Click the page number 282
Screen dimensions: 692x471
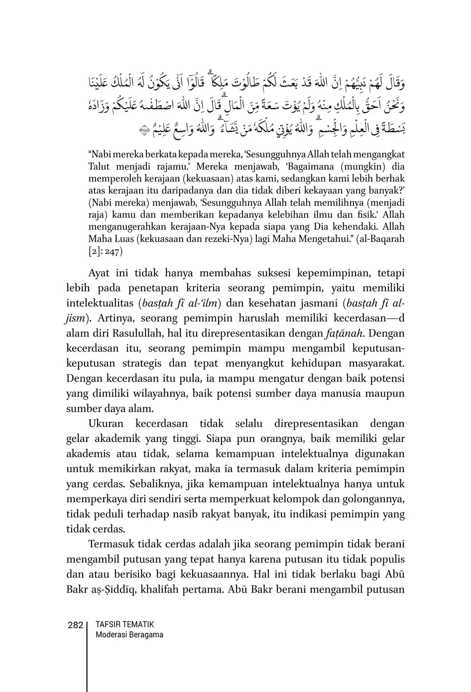(x=75, y=625)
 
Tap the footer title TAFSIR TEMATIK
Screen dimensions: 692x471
(x=124, y=624)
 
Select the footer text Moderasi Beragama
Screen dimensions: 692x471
(x=129, y=635)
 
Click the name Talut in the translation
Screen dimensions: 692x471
(x=99, y=166)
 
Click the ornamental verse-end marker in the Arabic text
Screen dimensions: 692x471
(x=145, y=131)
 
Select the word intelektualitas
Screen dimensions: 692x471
(x=100, y=303)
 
